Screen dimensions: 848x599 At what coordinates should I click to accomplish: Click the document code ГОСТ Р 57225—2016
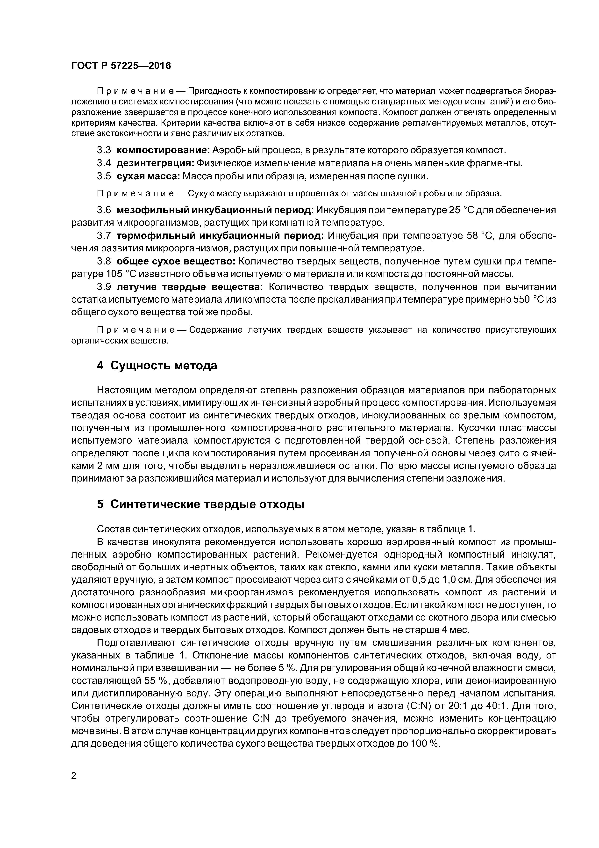(121, 66)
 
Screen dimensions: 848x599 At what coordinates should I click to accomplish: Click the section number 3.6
(104, 210)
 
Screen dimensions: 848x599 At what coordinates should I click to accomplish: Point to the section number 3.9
(104, 287)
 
